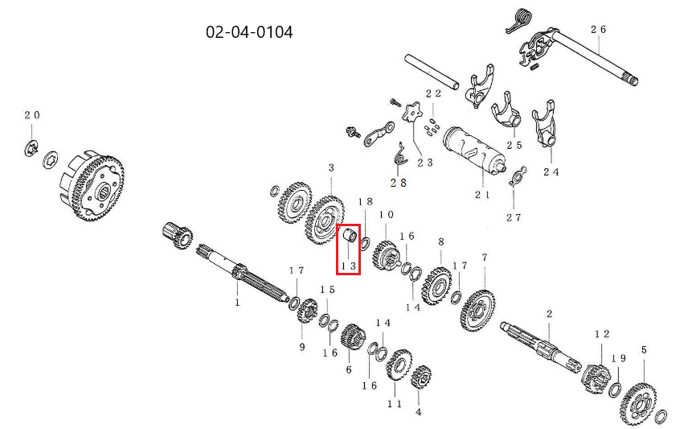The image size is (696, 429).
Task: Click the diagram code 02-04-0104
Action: click(249, 32)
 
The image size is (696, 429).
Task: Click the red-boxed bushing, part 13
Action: click(349, 235)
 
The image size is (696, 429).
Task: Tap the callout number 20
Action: click(32, 115)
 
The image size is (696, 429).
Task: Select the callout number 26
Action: click(598, 29)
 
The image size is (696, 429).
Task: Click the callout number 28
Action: click(399, 182)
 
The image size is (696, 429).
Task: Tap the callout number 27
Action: click(514, 217)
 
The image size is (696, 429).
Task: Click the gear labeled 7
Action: click(477, 311)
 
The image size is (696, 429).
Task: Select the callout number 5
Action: click(644, 350)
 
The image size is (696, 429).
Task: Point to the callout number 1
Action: click(237, 303)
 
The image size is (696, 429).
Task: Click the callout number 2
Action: click(550, 314)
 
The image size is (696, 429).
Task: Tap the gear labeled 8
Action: click(436, 286)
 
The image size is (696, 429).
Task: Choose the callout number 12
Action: click(602, 334)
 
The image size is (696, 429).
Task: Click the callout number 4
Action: click(418, 412)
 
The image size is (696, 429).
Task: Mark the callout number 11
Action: click(395, 404)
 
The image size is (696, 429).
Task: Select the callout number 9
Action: click(302, 347)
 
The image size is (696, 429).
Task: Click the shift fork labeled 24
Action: click(546, 124)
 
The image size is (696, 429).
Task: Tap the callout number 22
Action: click(434, 93)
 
